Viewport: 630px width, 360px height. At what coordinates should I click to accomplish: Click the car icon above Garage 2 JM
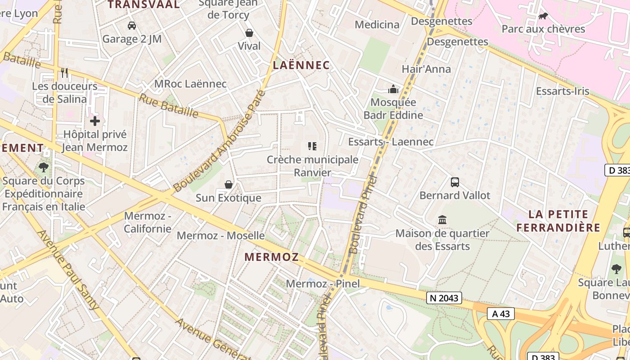pos(132,26)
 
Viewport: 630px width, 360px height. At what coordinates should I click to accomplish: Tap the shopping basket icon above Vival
pos(249,33)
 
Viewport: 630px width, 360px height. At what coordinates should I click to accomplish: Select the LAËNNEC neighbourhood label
pos(301,65)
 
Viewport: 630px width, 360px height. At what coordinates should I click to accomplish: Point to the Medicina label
pos(377,25)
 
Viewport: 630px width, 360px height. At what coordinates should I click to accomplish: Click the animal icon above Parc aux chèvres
pos(543,16)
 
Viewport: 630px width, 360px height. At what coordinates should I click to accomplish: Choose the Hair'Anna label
pos(426,69)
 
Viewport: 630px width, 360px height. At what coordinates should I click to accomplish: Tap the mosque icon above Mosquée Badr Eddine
pos(393,89)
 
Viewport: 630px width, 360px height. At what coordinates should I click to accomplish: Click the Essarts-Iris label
pos(562,91)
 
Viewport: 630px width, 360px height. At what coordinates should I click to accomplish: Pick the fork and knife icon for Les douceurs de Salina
pos(64,72)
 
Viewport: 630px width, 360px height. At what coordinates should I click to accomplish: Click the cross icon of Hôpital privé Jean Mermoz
pos(95,121)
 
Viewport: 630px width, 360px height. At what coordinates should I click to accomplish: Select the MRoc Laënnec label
pos(190,84)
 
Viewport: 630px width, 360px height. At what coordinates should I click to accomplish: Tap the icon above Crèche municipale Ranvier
pos(312,146)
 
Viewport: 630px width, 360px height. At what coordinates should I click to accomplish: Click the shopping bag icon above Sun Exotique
pos(229,184)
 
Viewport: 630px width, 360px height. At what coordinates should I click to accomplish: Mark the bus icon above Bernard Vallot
pos(455,182)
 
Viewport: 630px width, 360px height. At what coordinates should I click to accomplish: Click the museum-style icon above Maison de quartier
pos(442,220)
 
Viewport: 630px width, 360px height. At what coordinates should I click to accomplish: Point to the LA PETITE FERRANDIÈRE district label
pos(558,220)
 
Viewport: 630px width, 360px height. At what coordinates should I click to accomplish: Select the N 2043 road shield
pos(444,298)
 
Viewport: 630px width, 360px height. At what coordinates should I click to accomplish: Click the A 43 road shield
pos(500,314)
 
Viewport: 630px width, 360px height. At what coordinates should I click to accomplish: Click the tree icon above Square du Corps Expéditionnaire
pos(44,168)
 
